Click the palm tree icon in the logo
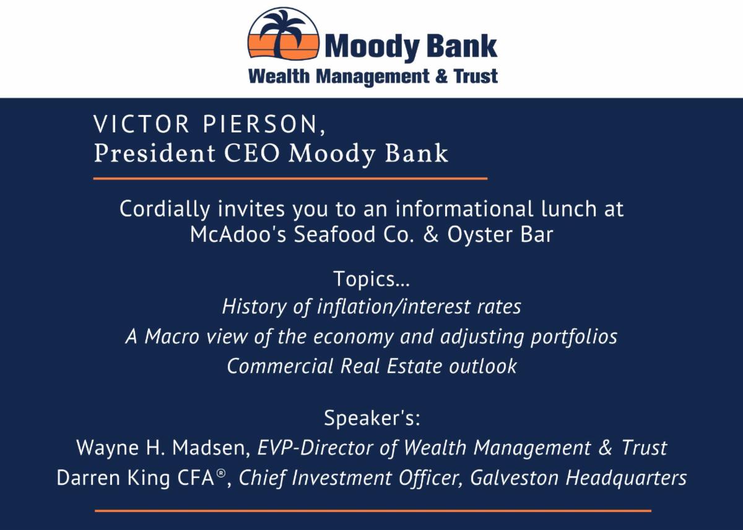point(284,35)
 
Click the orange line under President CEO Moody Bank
point(290,178)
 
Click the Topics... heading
point(371,279)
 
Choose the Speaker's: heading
point(372,418)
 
